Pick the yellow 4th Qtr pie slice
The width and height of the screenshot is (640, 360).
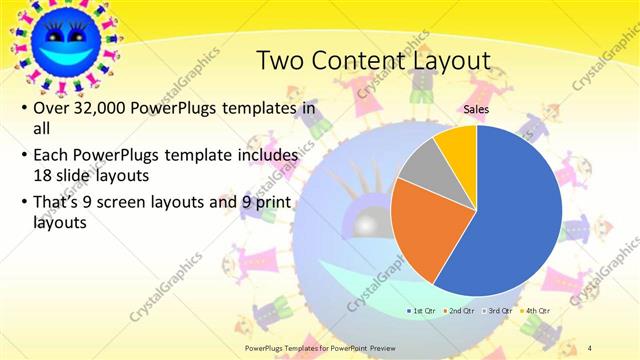click(x=456, y=142)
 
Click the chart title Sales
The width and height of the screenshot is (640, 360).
click(x=475, y=108)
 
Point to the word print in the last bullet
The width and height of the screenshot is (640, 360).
click(x=276, y=203)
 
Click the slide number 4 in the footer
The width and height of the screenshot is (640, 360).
click(x=590, y=346)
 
